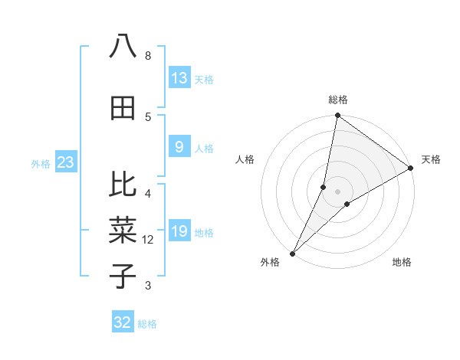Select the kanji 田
tap(123, 108)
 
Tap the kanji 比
tap(123, 184)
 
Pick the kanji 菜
tap(123, 230)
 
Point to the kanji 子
tap(123, 276)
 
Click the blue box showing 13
tap(179, 77)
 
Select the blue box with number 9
tap(179, 147)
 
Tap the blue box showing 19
tap(179, 231)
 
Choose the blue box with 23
tap(65, 162)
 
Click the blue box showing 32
tap(123, 322)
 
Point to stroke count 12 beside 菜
tap(148, 240)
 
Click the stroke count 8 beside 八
tap(148, 56)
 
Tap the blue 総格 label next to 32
tap(147, 324)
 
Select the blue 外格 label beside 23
tap(41, 163)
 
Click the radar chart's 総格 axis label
tap(338, 100)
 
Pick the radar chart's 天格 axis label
tap(431, 159)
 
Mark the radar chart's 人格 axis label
tap(245, 159)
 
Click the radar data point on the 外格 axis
tap(292, 253)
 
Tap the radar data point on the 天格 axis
tap(411, 168)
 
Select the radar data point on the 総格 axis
tap(337, 115)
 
